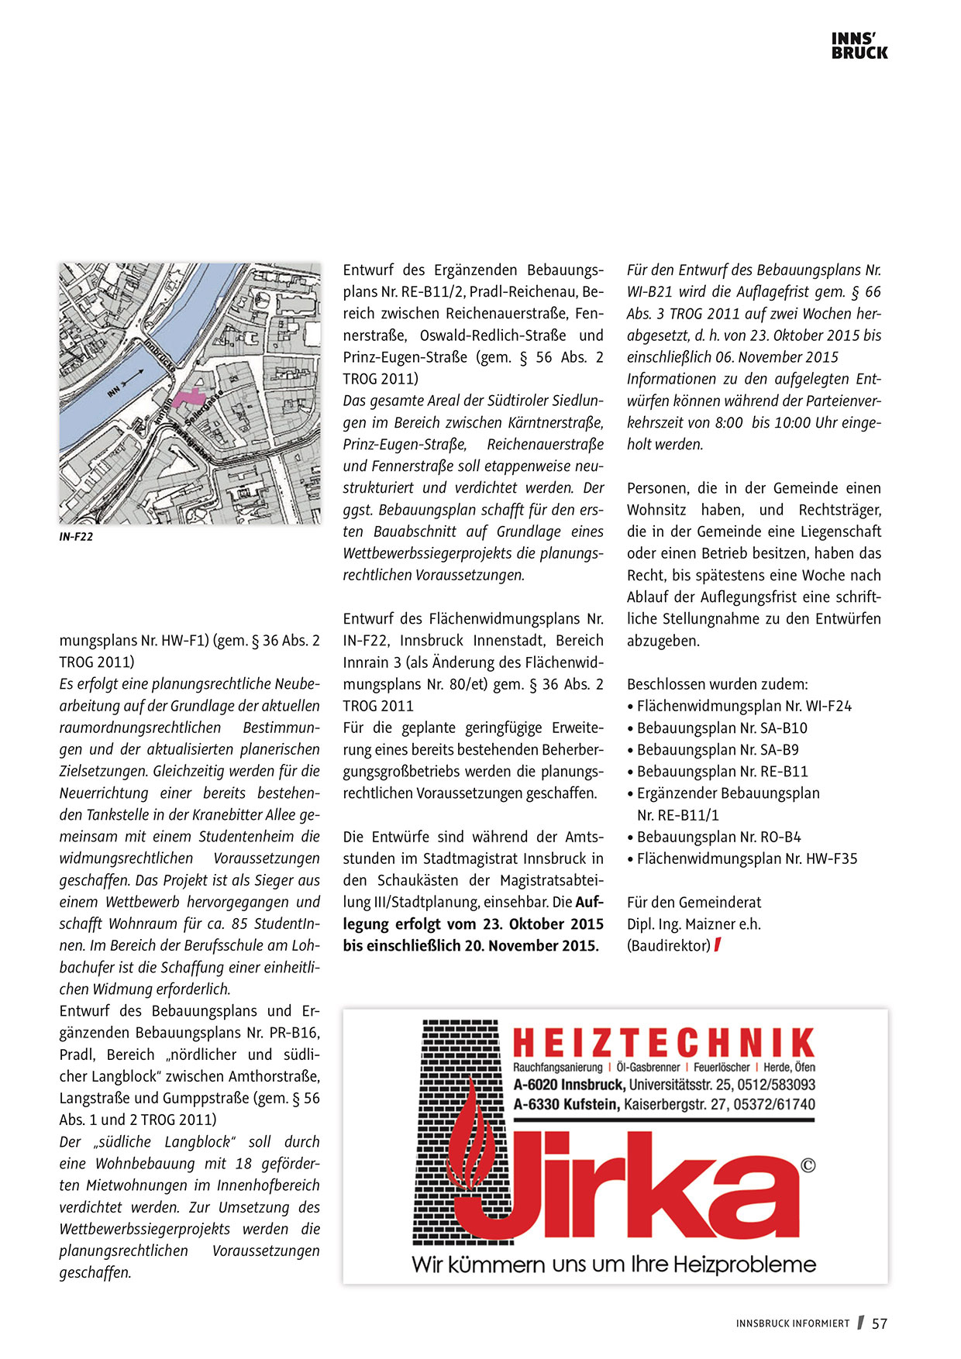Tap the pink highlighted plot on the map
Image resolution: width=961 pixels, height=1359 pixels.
point(185,397)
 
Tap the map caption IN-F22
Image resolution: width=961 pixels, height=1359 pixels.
point(76,536)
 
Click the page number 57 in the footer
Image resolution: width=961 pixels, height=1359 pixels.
point(879,1323)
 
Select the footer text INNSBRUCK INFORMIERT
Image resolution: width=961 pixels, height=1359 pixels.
point(792,1324)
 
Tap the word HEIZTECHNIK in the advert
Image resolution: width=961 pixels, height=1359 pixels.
point(663,1043)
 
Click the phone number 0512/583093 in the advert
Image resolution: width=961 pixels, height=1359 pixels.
point(776,1085)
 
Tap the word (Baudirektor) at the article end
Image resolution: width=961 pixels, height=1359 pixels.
point(668,945)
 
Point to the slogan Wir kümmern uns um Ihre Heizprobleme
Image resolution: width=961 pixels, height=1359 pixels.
point(614,1265)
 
